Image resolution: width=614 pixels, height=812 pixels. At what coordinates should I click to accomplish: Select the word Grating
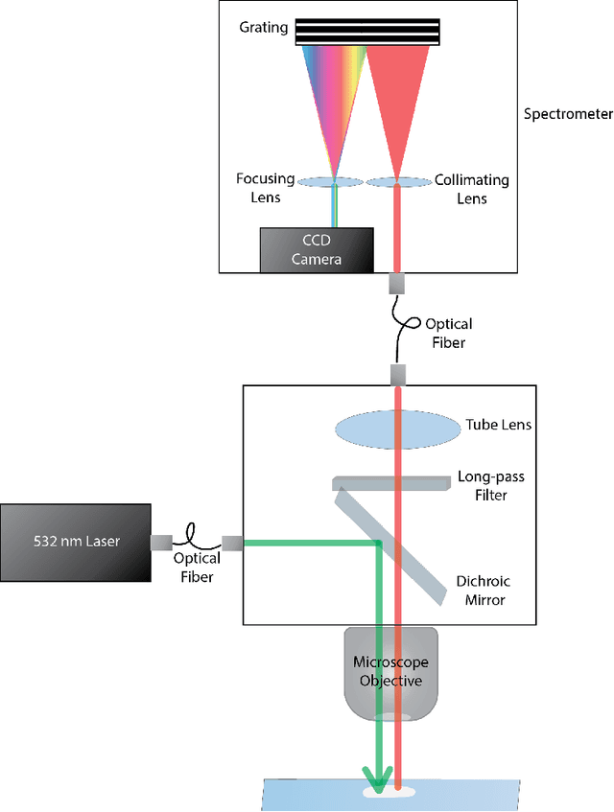click(x=264, y=27)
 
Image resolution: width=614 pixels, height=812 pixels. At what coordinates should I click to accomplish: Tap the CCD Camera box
click(x=316, y=249)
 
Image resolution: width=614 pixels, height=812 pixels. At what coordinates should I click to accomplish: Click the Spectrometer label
click(x=568, y=114)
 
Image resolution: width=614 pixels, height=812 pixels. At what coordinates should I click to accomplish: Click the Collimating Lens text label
click(x=471, y=189)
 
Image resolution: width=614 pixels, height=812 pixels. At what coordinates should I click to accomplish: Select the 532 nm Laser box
click(x=76, y=543)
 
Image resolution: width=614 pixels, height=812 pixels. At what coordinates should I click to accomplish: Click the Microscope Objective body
click(x=390, y=672)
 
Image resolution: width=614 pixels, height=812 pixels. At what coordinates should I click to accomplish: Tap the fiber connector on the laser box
click(x=160, y=544)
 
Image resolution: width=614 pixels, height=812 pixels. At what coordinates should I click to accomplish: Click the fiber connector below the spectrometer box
click(x=396, y=284)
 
